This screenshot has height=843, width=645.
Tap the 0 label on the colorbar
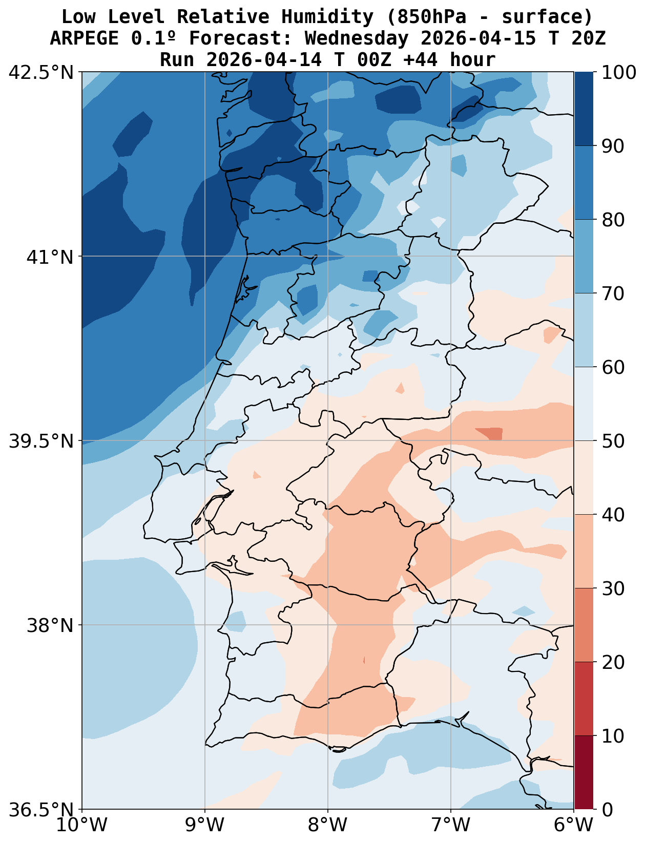pyautogui.click(x=607, y=810)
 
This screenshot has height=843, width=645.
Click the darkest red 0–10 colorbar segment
pyautogui.click(x=584, y=772)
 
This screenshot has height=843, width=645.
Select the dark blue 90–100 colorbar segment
pyautogui.click(x=584, y=109)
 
